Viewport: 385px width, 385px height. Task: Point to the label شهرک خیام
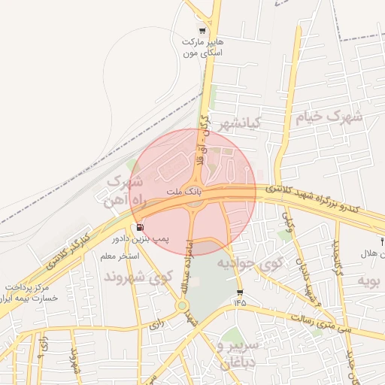[329, 117]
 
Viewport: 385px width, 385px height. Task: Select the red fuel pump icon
[141, 227]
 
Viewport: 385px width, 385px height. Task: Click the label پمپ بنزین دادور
[141, 238]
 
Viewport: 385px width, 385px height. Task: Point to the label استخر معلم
[120, 256]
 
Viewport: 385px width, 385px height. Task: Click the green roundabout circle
[182, 305]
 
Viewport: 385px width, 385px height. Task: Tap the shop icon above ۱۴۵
[240, 292]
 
